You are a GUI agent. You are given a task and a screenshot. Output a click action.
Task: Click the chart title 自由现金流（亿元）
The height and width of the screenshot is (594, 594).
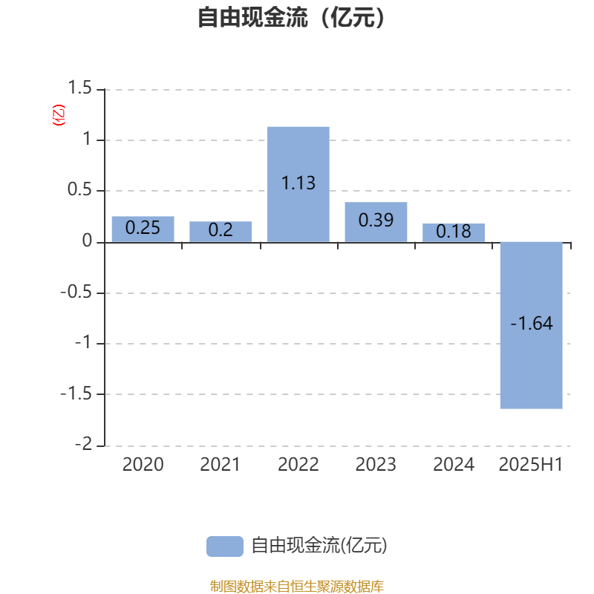291,18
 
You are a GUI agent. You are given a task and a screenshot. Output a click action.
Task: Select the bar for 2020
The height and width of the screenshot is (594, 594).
143,229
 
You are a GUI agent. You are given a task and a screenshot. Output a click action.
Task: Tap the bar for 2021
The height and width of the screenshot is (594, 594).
221,232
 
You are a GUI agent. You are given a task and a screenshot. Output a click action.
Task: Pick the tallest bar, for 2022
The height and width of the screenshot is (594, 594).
298,184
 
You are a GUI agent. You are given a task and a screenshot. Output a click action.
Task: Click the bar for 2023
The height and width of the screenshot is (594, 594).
376,222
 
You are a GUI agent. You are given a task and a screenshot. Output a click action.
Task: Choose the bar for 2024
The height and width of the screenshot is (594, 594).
454,232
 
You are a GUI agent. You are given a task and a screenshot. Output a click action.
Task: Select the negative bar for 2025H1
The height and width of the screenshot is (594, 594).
531,325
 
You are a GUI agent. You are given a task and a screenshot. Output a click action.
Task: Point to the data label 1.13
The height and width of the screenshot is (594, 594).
298,183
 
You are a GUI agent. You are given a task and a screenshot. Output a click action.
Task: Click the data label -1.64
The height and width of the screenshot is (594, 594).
532,324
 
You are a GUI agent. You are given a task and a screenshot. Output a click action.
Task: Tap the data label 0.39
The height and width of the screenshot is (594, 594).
376,220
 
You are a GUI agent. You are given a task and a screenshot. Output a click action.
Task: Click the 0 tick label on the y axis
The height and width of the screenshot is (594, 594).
87,241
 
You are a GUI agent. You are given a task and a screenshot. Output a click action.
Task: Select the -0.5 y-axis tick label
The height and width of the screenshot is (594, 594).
76,292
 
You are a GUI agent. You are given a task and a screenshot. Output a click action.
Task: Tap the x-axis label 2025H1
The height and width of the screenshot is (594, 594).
531,465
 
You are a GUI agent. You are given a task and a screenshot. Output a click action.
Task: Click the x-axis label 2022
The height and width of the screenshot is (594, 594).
298,465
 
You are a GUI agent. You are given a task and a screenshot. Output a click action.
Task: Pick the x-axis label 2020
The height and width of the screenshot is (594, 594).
143,465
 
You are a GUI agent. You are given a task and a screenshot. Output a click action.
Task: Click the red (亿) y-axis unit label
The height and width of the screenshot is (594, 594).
59,115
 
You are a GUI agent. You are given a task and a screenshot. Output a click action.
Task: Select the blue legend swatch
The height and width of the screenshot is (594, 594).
225,546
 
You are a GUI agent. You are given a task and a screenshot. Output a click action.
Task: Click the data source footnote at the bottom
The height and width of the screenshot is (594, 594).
296,586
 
